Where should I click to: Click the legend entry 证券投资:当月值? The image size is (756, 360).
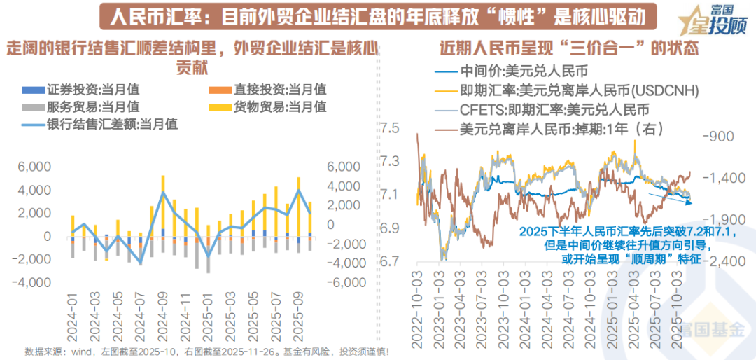click(92, 90)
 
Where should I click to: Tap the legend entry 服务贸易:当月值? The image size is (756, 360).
click(92, 107)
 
